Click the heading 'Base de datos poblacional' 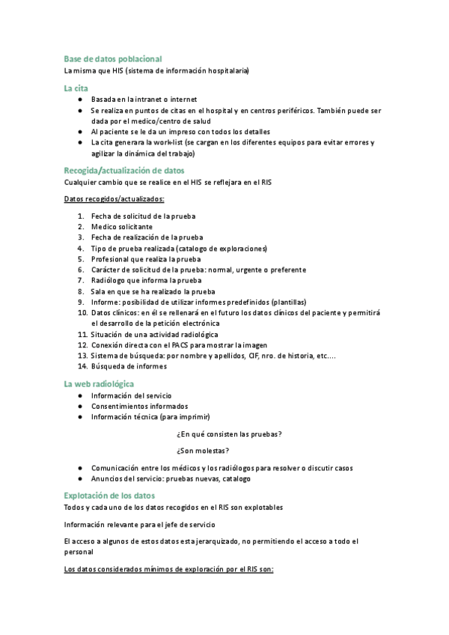coord(113,58)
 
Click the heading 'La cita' coord(76,88)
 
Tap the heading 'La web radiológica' coord(99,383)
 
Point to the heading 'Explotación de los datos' coord(109,495)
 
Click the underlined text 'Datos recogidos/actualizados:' coord(114,198)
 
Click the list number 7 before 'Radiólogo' coord(80,280)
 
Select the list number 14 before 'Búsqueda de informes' coord(82,366)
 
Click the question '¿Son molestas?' coord(203,450)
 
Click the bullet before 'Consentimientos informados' coord(80,406)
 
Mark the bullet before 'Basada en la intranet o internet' coord(80,99)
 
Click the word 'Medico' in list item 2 coord(103,226)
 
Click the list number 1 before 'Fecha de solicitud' coord(80,216)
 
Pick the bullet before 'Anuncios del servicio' coord(80,478)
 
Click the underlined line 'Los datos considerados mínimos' coord(169,568)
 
